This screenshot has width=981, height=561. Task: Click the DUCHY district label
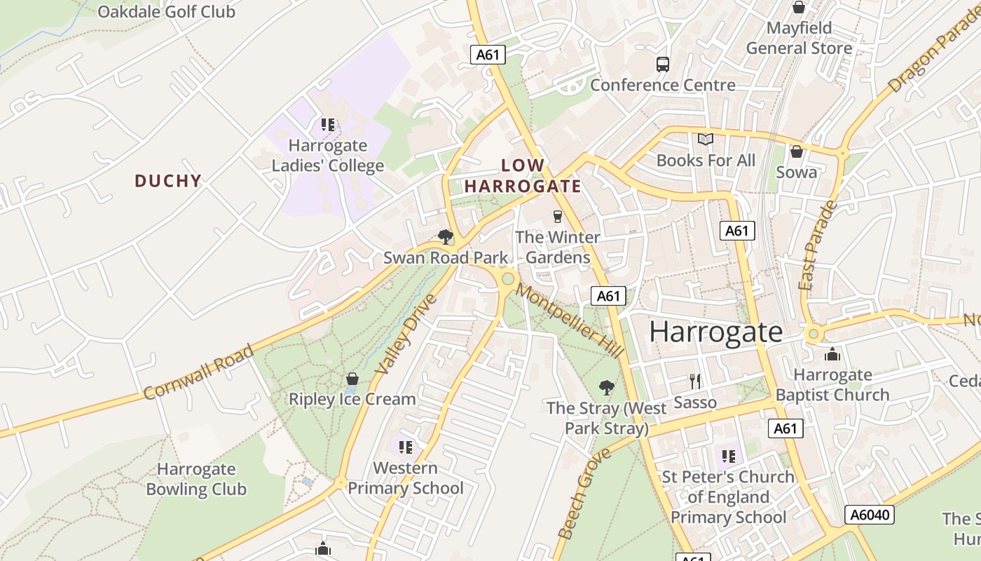click(168, 181)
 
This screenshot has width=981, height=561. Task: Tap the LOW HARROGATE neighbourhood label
click(523, 176)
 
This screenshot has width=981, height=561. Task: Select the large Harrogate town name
click(715, 332)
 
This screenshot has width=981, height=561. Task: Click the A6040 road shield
click(870, 515)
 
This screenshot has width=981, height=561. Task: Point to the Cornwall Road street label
click(198, 372)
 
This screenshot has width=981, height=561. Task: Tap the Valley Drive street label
click(406, 334)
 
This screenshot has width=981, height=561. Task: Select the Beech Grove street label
click(584, 494)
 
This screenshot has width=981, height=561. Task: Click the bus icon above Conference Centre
click(662, 65)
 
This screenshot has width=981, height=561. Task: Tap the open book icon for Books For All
click(705, 140)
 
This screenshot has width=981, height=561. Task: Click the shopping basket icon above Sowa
click(797, 151)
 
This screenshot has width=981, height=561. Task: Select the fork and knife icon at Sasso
click(694, 381)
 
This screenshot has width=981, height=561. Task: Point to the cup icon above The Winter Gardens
click(558, 217)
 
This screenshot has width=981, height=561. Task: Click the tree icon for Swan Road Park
click(445, 237)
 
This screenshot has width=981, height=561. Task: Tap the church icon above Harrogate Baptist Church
click(832, 354)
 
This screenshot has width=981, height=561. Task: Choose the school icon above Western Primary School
click(405, 447)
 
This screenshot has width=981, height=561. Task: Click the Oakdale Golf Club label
click(166, 11)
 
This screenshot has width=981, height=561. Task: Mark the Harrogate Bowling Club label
click(196, 479)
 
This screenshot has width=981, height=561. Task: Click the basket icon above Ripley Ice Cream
click(352, 379)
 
